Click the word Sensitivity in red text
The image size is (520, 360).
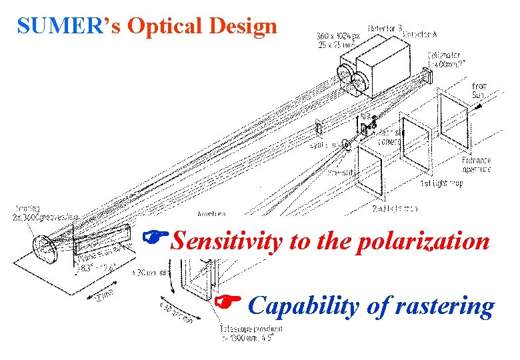point(226,241)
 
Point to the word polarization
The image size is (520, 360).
point(423,241)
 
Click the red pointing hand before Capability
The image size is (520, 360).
point(227,303)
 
